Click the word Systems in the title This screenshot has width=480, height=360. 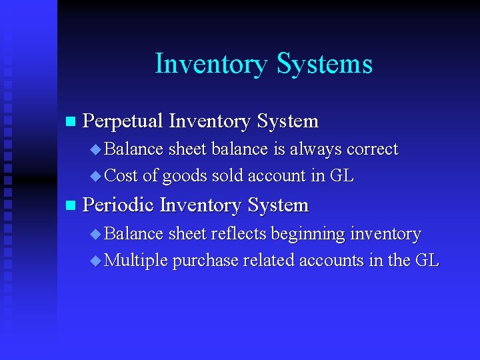pos(325,64)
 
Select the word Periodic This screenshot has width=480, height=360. pos(118,205)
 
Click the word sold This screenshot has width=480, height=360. pos(227,176)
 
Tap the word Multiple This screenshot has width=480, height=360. pos(137,261)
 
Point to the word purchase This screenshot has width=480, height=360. pos(205,261)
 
